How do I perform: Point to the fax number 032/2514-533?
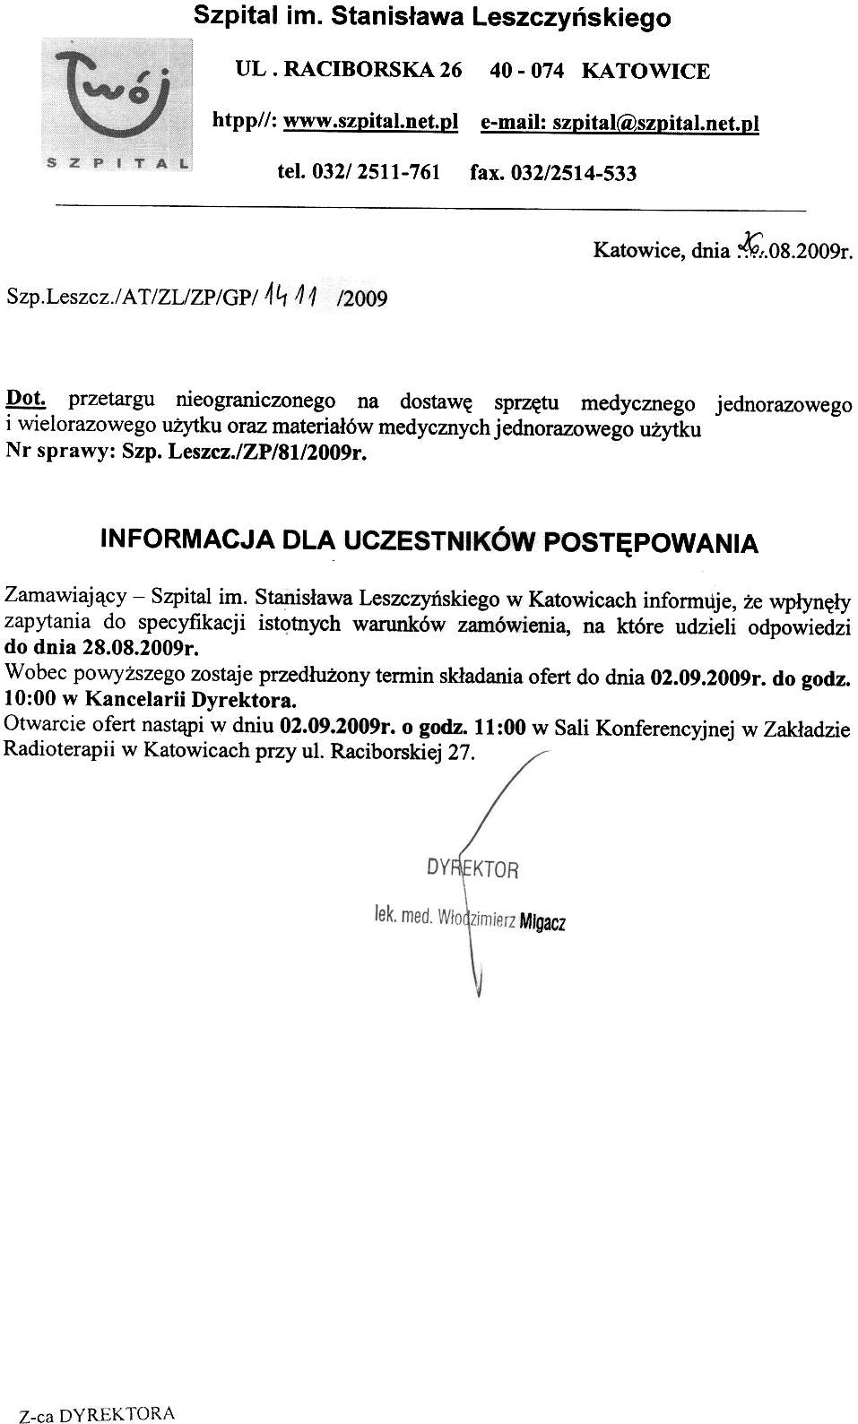(573, 173)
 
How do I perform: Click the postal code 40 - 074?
(527, 71)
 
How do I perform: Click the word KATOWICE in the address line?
(646, 71)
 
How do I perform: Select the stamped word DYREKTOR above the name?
(472, 867)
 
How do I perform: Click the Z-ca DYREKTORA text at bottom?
(97, 1414)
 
